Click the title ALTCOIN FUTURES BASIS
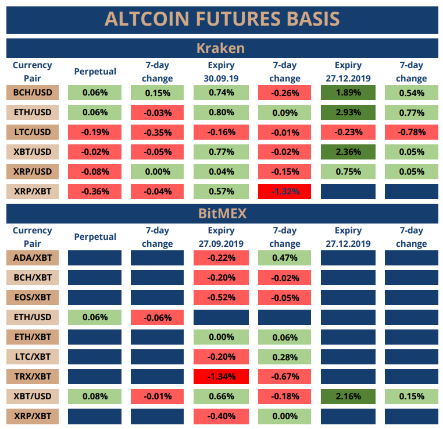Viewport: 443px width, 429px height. point(222,19)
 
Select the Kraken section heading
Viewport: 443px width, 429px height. point(222,48)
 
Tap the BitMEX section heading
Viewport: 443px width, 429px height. point(222,213)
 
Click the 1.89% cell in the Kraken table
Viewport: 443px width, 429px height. point(348,93)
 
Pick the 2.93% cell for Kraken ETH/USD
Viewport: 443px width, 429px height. point(348,112)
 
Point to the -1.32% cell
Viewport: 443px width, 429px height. point(285,191)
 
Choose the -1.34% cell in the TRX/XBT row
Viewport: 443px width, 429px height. point(221,376)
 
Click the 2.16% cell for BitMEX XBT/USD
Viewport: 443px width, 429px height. point(348,396)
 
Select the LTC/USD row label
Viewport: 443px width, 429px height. point(32,132)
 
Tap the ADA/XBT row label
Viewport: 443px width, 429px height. point(32,258)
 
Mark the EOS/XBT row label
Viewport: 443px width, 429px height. point(32,297)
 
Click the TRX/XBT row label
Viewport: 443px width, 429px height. point(32,376)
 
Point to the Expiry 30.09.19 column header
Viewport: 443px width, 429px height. point(221,72)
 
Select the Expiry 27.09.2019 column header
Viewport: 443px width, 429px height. point(221,237)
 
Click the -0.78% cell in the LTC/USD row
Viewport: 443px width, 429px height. point(411,132)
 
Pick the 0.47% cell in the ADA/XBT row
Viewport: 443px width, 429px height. point(285,258)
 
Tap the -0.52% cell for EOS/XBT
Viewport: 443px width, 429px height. point(221,297)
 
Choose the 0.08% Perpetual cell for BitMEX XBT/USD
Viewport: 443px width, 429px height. point(95,396)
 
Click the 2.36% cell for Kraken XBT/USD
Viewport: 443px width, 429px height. point(348,152)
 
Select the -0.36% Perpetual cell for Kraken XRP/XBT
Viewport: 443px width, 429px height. point(95,191)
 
